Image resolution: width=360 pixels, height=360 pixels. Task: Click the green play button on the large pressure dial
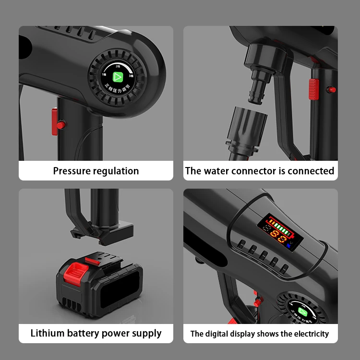coord(118,77)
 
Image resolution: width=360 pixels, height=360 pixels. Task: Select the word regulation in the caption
coord(116,171)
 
